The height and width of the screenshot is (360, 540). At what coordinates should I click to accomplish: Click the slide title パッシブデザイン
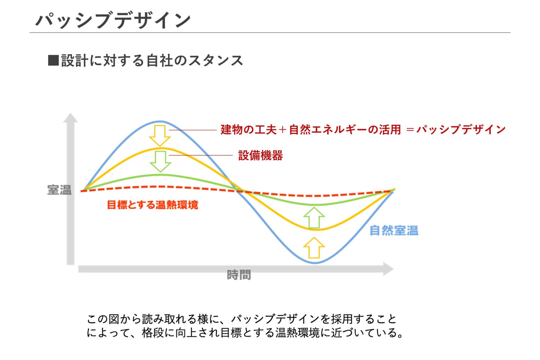[113, 21]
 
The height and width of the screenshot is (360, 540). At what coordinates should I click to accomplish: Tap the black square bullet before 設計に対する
[54, 60]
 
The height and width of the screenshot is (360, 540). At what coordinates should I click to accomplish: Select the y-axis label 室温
[59, 190]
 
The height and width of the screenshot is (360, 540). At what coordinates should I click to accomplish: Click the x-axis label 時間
[239, 275]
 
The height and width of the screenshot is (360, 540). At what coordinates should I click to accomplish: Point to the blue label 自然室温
[394, 231]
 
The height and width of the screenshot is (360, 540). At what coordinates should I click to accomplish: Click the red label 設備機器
[260, 156]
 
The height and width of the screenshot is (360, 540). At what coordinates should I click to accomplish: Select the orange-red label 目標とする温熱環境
[152, 205]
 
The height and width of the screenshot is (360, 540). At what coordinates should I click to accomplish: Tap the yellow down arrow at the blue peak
[160, 135]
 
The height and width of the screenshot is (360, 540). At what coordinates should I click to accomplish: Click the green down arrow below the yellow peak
[160, 162]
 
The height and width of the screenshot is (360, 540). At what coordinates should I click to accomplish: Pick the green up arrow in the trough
[314, 217]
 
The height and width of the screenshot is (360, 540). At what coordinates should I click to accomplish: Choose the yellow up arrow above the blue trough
[314, 247]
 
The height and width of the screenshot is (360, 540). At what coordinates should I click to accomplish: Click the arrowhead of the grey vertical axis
[70, 118]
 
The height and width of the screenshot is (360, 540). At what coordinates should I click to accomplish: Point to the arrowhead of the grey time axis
[388, 269]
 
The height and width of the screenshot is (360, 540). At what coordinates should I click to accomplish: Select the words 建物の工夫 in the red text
[249, 130]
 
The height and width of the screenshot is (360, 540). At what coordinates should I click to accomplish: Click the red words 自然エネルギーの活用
[345, 130]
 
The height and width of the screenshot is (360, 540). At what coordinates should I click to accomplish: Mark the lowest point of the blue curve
[315, 263]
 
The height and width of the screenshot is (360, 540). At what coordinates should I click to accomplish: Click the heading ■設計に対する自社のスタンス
[145, 60]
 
